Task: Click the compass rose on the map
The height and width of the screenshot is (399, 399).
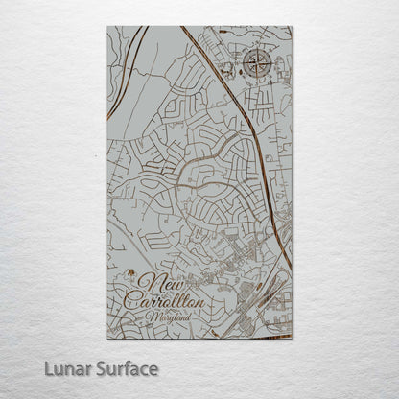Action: tap(257, 64)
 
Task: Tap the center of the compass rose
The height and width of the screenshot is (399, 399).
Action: tap(257, 64)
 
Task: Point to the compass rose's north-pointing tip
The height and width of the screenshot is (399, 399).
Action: tap(257, 50)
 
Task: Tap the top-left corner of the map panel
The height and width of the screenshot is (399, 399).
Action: tap(107, 27)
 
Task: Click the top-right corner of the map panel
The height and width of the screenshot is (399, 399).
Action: tap(292, 27)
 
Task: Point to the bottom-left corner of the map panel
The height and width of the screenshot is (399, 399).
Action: tap(107, 339)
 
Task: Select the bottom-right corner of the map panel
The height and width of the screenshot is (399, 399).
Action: tap(292, 339)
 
